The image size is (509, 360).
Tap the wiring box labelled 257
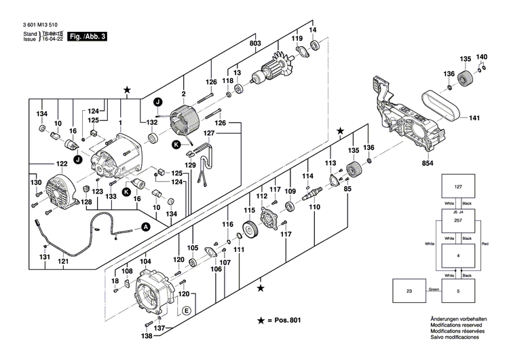pos(458,221)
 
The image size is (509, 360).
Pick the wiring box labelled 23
pos(409,292)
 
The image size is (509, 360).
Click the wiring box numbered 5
pos(458,292)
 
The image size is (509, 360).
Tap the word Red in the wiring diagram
pos(484,243)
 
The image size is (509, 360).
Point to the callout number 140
pos(481,56)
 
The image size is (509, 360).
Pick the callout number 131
pos(44,257)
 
